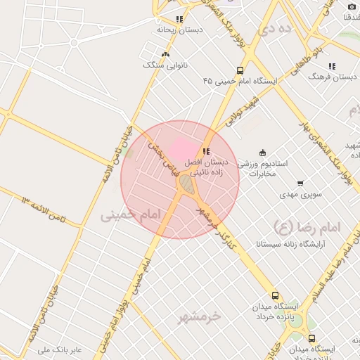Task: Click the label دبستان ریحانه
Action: pyautogui.click(x=180, y=30)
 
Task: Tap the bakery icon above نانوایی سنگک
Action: pyautogui.click(x=165, y=54)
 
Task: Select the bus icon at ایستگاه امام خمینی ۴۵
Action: pyautogui.click(x=240, y=70)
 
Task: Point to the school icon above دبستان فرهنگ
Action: pyautogui.click(x=331, y=66)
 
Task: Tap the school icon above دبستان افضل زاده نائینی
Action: pyautogui.click(x=206, y=151)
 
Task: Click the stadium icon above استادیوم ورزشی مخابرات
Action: pyautogui.click(x=263, y=153)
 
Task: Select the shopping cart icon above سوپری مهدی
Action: pyautogui.click(x=300, y=183)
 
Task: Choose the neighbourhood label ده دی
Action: pyautogui.click(x=274, y=30)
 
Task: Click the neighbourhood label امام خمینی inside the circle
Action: pyautogui.click(x=131, y=214)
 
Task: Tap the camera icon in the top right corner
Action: pyautogui.click(x=352, y=6)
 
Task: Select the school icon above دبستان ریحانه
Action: pyautogui.click(x=180, y=19)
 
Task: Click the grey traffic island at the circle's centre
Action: pyautogui.click(x=186, y=184)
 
